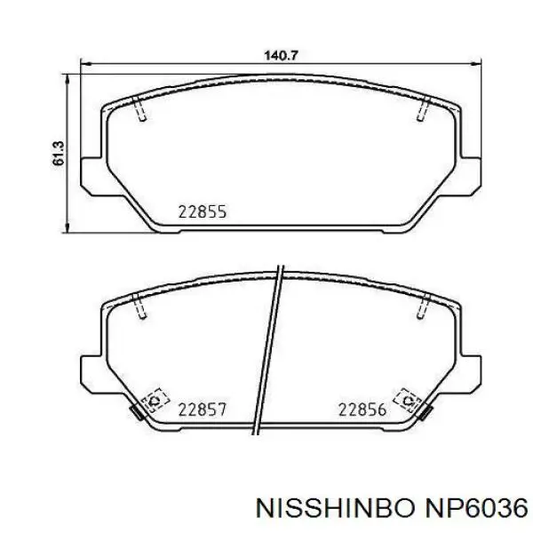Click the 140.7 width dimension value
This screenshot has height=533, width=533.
click(281, 55)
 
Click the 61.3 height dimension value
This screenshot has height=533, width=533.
click(59, 154)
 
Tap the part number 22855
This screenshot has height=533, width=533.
click(203, 212)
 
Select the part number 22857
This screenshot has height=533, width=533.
click(203, 410)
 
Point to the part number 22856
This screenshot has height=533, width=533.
click(362, 410)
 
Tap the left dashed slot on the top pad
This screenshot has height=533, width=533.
click(140, 108)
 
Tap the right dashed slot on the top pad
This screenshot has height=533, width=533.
click(424, 108)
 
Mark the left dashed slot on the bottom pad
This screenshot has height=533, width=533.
click(140, 306)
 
